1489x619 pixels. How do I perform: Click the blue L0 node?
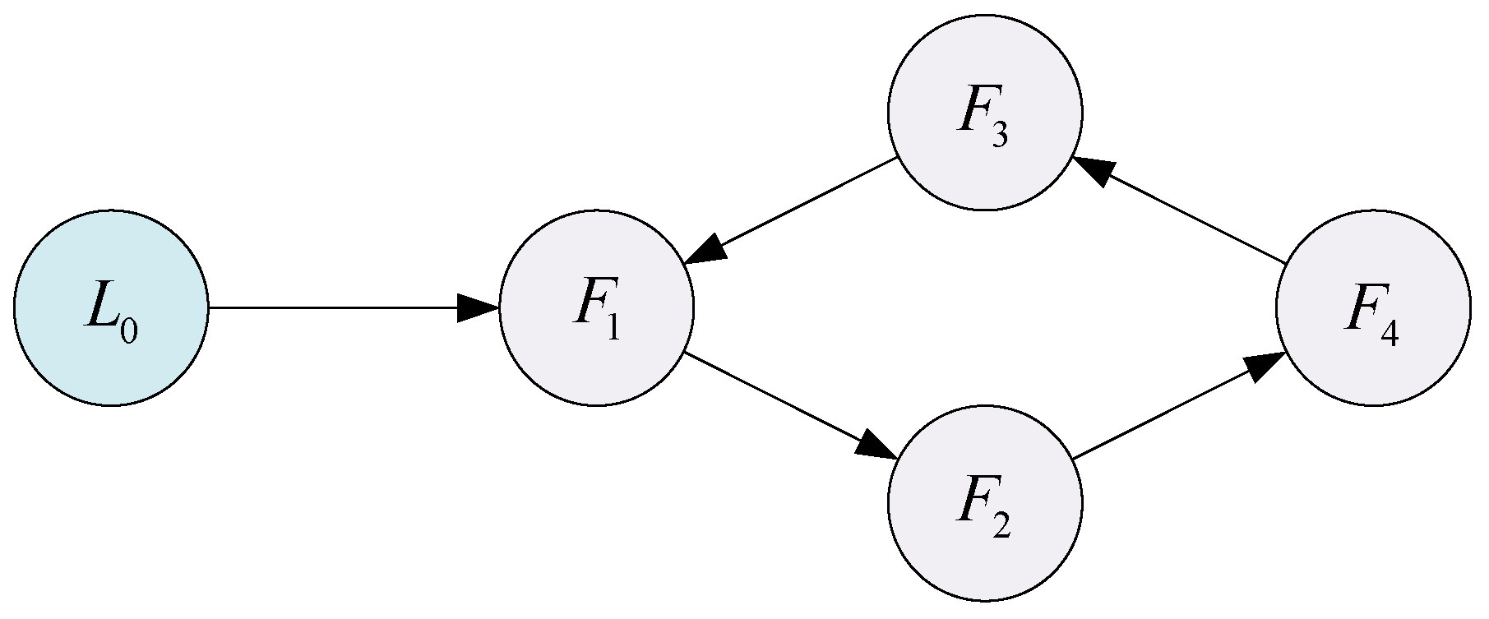click(111, 308)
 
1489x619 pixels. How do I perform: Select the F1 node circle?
click(597, 308)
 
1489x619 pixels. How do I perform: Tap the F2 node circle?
click(985, 502)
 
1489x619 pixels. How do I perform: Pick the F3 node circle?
click(985, 113)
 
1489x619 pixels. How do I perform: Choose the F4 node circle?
click(1373, 308)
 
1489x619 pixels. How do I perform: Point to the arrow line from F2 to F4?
click(1168, 411)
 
